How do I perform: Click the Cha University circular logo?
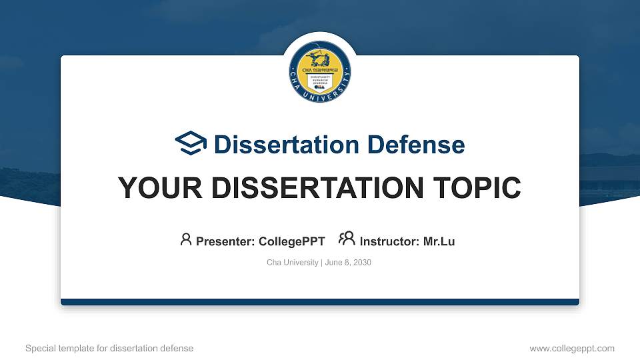[320, 71]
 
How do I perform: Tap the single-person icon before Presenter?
[186, 239]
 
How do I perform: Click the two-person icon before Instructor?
[347, 239]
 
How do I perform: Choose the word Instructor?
[390, 241]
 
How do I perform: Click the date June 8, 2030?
[348, 263]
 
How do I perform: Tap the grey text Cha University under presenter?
[292, 263]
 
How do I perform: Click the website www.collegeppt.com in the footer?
[571, 348]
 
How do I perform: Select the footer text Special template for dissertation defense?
[109, 348]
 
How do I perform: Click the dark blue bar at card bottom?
[320, 302]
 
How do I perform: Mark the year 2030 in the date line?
[361, 263]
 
